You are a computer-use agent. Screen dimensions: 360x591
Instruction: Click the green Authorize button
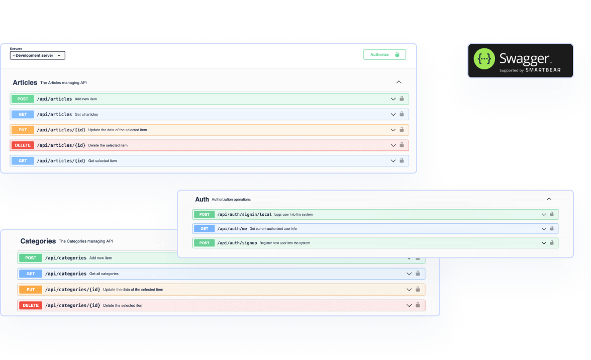[384, 54]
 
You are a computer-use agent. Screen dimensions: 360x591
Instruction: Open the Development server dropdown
[38, 55]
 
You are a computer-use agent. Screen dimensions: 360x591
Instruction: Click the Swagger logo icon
[484, 59]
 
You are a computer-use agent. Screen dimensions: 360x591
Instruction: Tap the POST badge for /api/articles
[23, 99]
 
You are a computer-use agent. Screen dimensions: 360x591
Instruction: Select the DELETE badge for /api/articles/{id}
[23, 145]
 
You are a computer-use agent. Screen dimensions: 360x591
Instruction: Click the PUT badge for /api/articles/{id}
[23, 130]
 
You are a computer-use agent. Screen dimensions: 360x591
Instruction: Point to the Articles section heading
[25, 82]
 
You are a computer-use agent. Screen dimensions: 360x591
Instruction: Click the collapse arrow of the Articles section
[399, 82]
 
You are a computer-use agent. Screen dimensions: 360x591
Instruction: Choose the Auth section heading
[202, 199]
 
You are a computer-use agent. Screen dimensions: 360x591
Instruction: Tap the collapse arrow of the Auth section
[549, 199]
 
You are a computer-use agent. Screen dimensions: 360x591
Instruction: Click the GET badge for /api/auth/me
[205, 229]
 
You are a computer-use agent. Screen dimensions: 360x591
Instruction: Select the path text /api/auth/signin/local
[244, 215]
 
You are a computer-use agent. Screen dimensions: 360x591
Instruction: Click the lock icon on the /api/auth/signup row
[552, 243]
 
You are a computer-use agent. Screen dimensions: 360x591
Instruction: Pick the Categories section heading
[38, 241]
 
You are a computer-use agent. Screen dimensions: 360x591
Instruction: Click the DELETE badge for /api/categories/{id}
[31, 305]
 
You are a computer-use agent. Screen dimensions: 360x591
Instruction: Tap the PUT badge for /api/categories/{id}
[31, 290]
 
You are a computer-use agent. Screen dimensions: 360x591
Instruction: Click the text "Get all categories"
[104, 274]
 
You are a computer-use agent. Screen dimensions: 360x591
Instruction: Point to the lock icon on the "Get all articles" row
[402, 114]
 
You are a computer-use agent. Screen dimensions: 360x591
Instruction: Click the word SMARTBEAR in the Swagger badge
[543, 70]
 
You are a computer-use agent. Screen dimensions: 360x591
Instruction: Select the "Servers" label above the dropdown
[16, 49]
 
